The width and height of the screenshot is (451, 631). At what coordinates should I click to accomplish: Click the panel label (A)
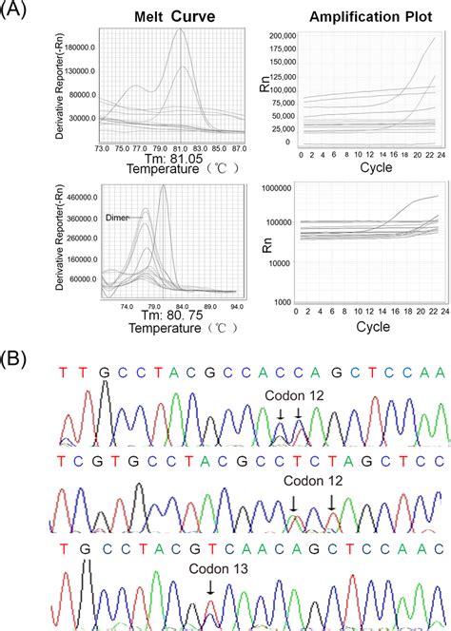(x=16, y=11)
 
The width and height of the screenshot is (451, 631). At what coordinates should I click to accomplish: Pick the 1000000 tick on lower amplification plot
(x=272, y=189)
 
